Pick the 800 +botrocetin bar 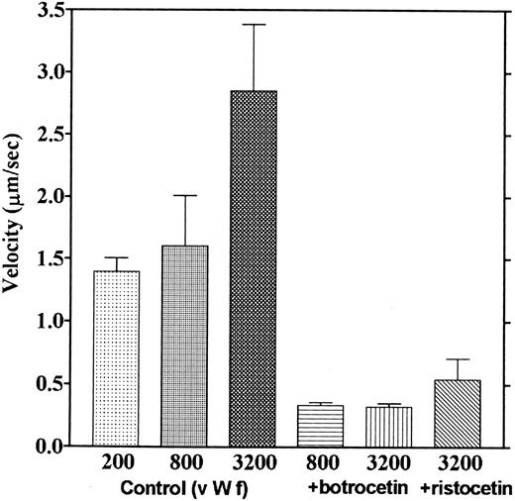click(320, 426)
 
